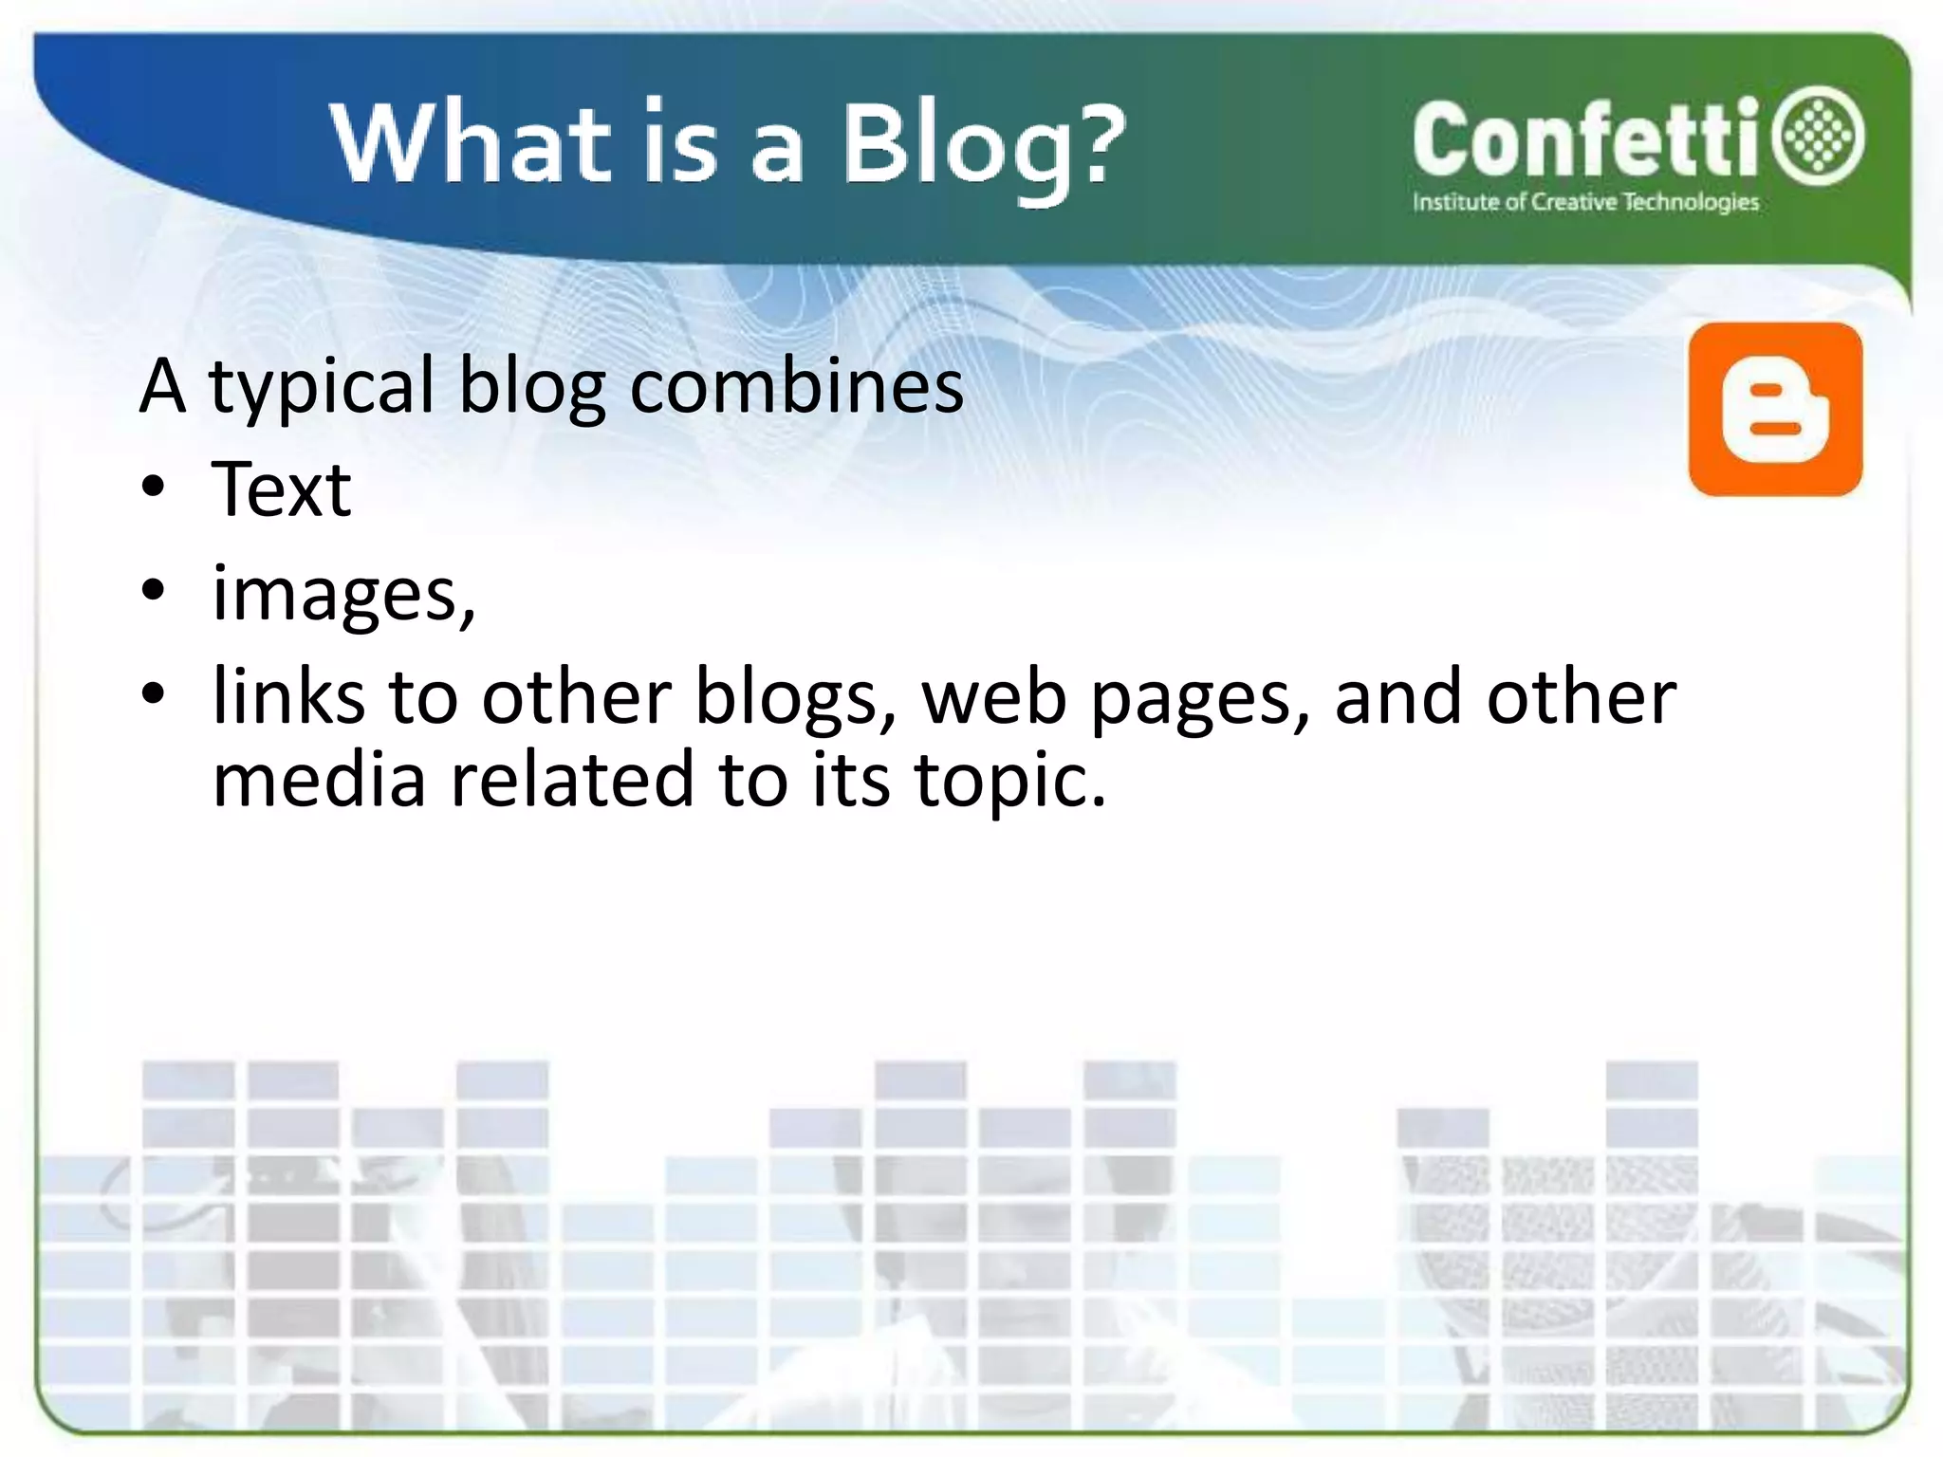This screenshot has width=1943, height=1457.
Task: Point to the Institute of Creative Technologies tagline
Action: (x=1585, y=202)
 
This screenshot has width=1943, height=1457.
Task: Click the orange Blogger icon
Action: (x=1775, y=409)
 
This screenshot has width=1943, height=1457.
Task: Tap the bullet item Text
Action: (x=282, y=489)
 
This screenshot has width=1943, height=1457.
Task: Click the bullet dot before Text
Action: (x=153, y=488)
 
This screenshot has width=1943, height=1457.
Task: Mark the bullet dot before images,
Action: (x=153, y=591)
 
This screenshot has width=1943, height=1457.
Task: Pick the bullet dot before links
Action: (x=153, y=694)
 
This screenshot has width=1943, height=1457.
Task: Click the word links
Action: (x=288, y=696)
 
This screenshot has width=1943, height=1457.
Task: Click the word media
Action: (x=319, y=780)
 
